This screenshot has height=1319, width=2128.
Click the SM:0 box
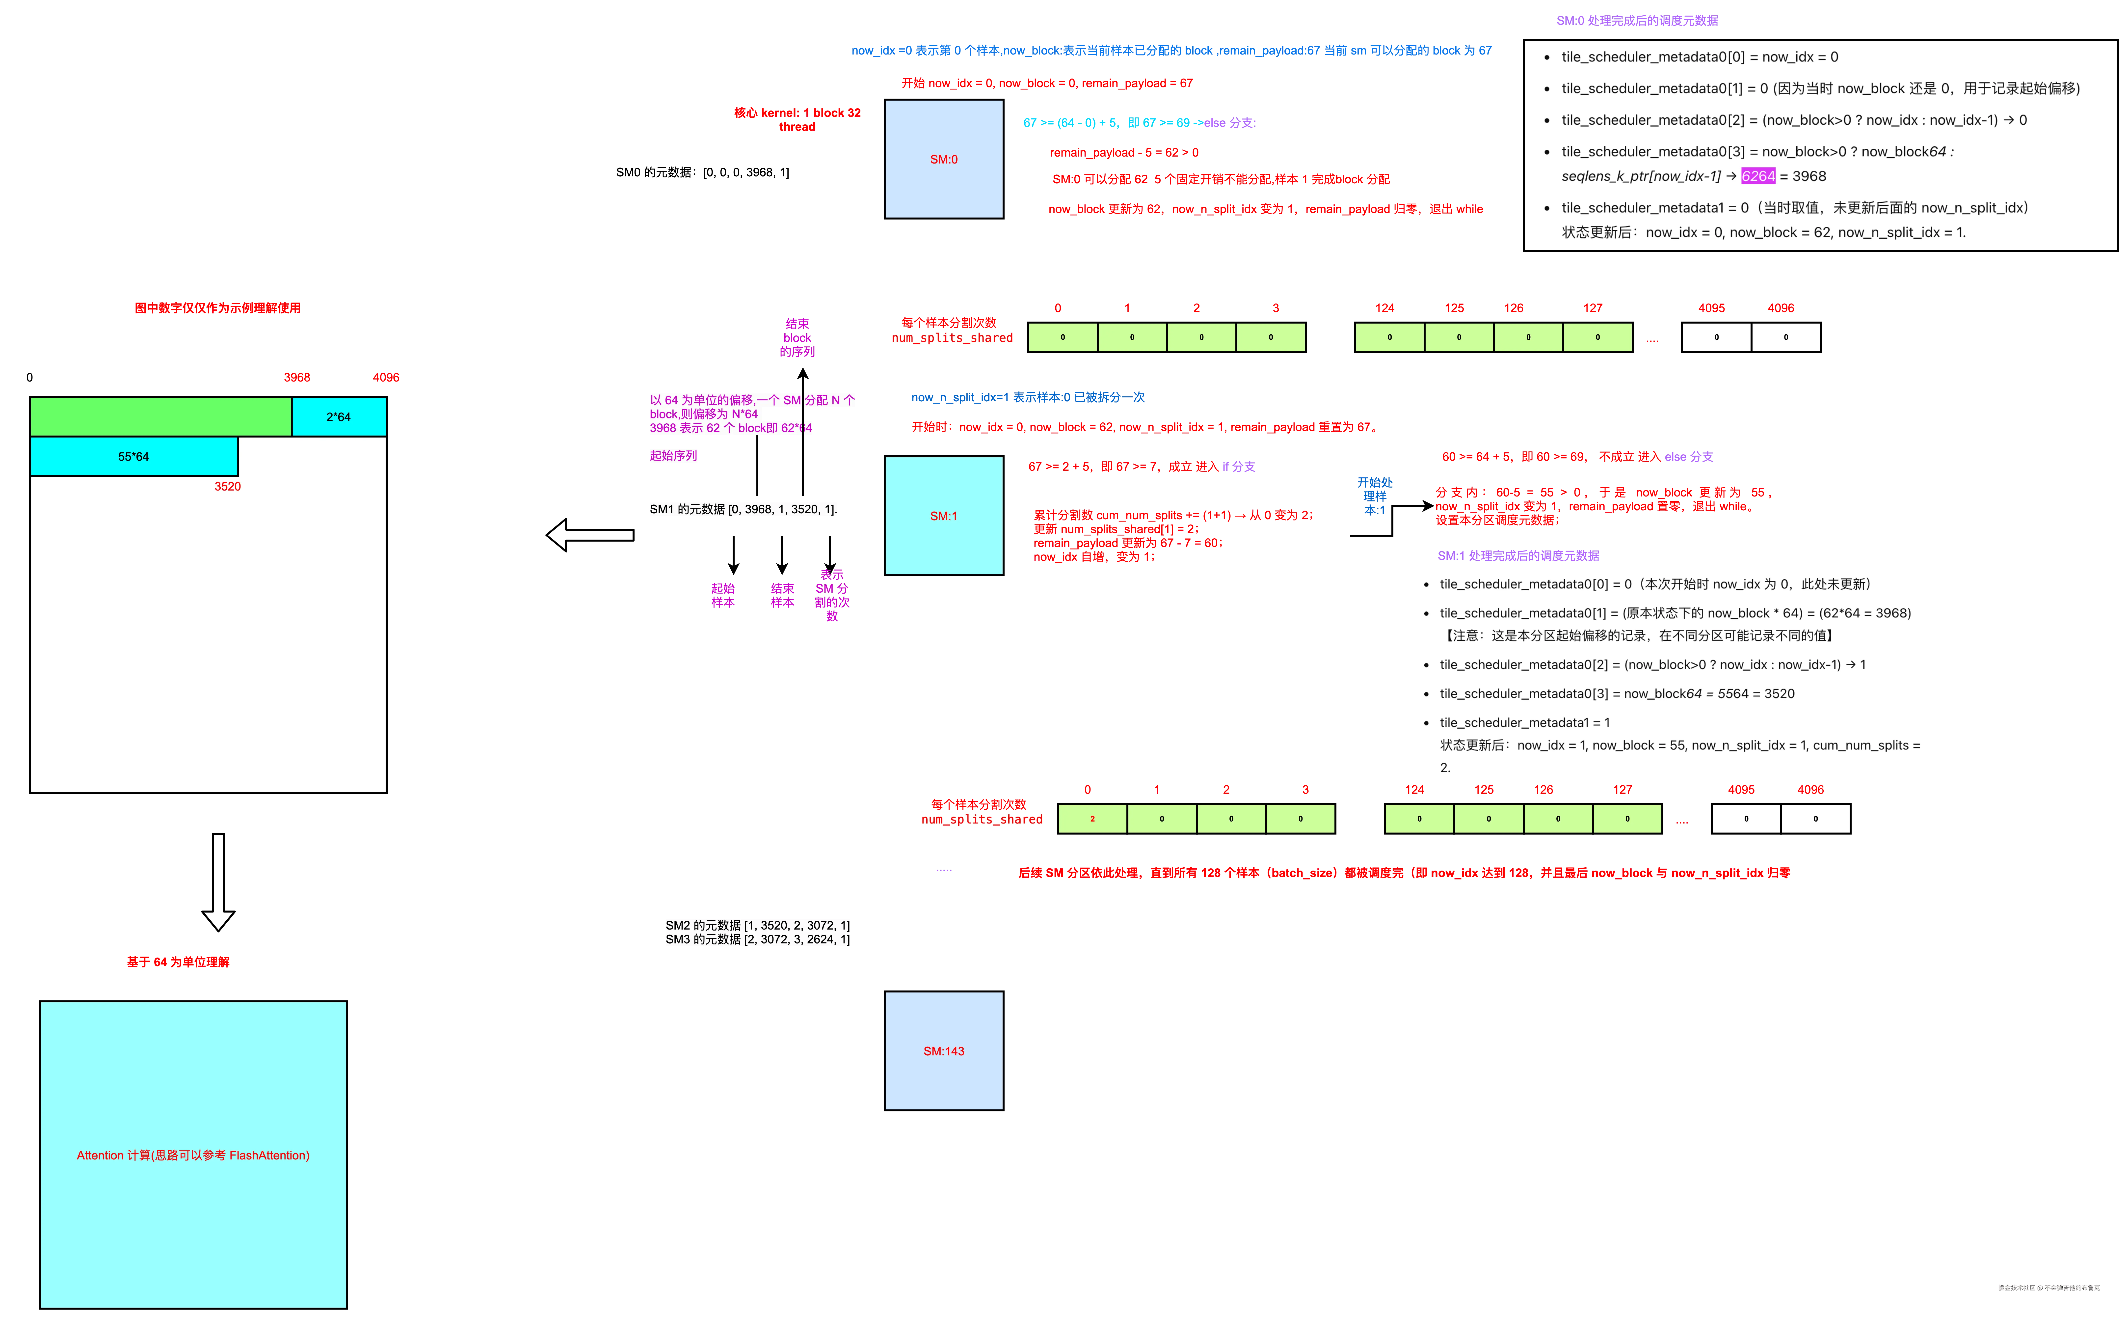(944, 159)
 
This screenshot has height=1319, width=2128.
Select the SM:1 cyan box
(944, 516)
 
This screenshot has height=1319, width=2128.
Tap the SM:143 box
(944, 1050)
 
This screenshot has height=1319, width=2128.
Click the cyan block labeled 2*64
(338, 417)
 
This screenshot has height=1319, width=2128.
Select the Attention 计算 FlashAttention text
(193, 1155)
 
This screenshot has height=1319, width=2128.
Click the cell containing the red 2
(1092, 818)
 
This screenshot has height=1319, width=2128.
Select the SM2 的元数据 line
(757, 925)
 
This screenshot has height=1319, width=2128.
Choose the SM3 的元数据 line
(757, 939)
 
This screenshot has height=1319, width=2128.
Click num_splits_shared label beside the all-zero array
(952, 338)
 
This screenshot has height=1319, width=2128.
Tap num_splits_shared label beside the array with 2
(982, 819)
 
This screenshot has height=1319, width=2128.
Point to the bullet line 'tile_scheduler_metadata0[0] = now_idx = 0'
(1699, 57)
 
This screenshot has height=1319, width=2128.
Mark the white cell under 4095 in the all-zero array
(1785, 338)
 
